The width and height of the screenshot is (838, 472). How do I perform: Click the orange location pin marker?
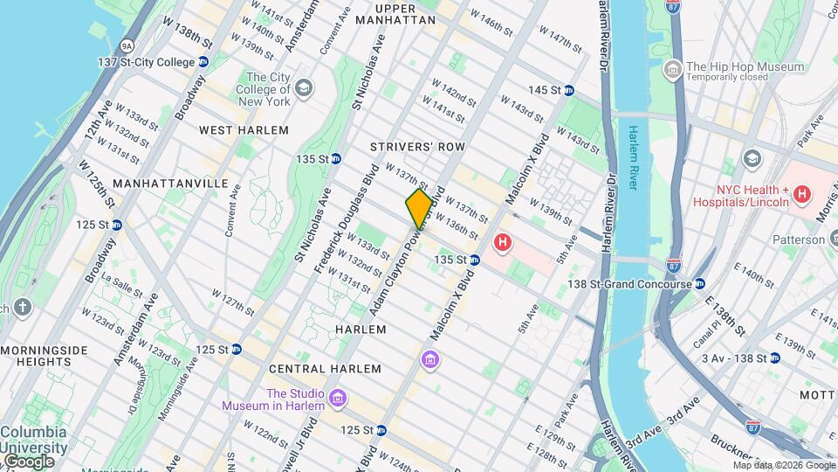[x=419, y=208]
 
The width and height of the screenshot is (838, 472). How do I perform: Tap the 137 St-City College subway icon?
[x=203, y=62]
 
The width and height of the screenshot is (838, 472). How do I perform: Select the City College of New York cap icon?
[x=303, y=87]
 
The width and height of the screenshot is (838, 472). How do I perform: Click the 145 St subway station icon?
[x=567, y=90]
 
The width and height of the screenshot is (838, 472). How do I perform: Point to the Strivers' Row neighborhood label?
[x=416, y=147]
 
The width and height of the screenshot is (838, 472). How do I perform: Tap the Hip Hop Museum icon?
[x=672, y=68]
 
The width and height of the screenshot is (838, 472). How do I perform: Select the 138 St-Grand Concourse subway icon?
[x=699, y=283]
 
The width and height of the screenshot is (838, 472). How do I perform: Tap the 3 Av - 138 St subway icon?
[x=774, y=357]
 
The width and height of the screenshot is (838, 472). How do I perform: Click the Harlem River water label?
[x=635, y=152]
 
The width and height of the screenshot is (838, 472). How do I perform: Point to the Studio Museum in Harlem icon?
[x=338, y=399]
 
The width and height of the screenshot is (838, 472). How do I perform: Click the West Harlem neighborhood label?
[x=244, y=130]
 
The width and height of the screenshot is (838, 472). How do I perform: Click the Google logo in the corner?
[x=29, y=461]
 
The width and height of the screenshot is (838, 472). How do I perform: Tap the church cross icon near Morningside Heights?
[x=22, y=307]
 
